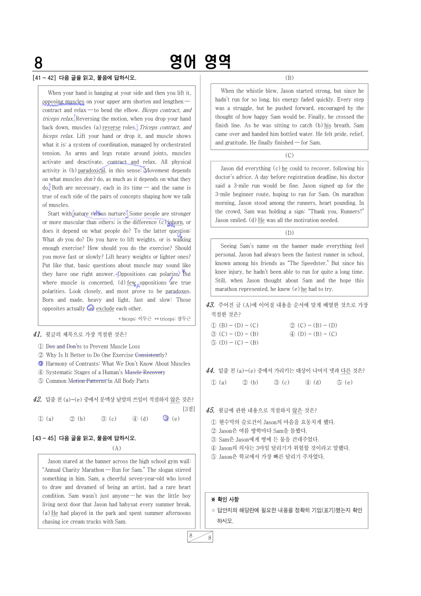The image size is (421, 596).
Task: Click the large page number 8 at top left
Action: [38, 63]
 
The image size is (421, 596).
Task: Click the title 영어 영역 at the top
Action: [200, 61]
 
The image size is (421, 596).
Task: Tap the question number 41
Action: [37, 334]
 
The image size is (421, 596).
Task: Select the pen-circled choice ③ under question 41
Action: [41, 364]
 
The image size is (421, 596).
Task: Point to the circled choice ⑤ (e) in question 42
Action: [166, 419]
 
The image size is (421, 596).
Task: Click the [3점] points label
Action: [189, 409]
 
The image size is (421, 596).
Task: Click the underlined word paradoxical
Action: [92, 170]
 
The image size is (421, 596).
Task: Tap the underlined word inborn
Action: [175, 222]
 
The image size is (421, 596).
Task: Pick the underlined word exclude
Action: [105, 309]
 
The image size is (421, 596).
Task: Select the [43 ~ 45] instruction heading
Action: [85, 438]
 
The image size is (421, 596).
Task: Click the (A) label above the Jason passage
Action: [116, 448]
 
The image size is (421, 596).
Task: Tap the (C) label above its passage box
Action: [289, 155]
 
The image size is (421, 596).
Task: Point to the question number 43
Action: [210, 305]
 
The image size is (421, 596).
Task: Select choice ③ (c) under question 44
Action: [282, 382]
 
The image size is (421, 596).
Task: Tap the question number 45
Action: [210, 410]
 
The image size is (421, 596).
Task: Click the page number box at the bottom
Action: [200, 537]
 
